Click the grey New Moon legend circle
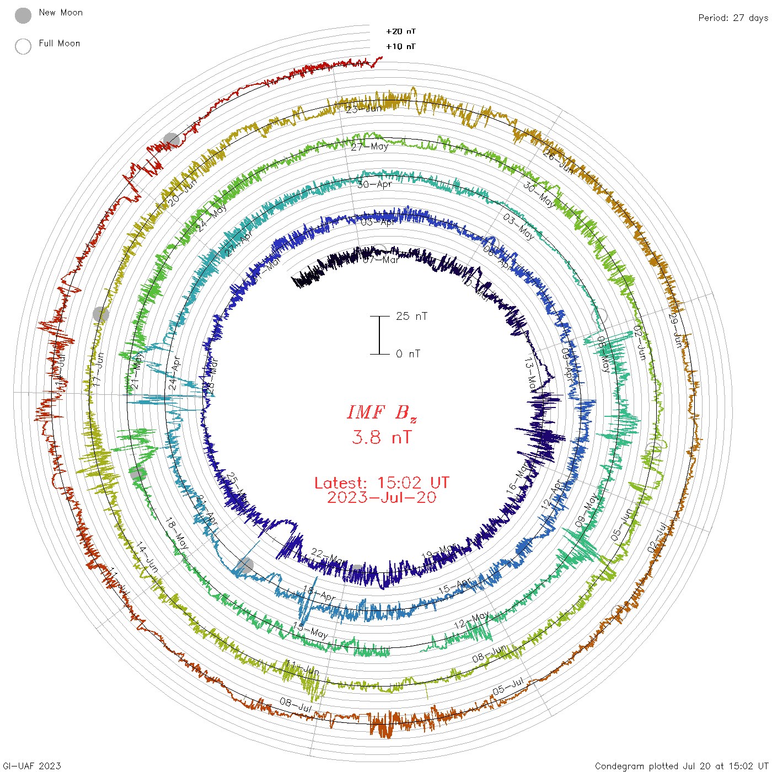pos(23,16)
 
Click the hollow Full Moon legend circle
pos(23,46)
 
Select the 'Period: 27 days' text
pos(733,18)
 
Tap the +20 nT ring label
pos(401,32)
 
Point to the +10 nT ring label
pos(401,47)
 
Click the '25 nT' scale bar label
pos(411,317)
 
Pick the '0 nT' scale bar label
pos(408,354)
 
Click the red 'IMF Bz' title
pos(382,413)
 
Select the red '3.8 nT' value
pos(382,438)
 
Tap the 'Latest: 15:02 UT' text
pos(382,483)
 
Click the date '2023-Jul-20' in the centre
pos(382,498)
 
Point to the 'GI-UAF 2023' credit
pos(32,766)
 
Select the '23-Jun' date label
pos(364,109)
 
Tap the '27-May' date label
pos(369,147)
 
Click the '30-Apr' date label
pos(374,184)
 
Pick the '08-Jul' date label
pos(296,704)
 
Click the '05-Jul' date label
pos(508,687)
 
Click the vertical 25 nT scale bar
pos(379,335)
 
